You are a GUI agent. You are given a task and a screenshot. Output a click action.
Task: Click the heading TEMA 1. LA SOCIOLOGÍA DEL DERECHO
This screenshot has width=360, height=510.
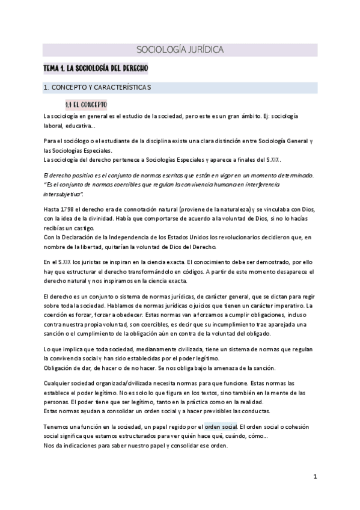(91, 69)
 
